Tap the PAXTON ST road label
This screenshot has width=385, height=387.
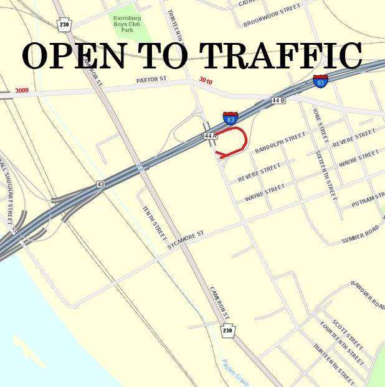153,81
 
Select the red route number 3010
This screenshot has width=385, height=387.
206,80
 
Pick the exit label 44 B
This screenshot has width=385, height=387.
278,100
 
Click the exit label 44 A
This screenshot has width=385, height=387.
209,135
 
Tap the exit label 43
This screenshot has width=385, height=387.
100,184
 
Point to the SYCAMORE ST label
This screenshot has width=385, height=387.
185,241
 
